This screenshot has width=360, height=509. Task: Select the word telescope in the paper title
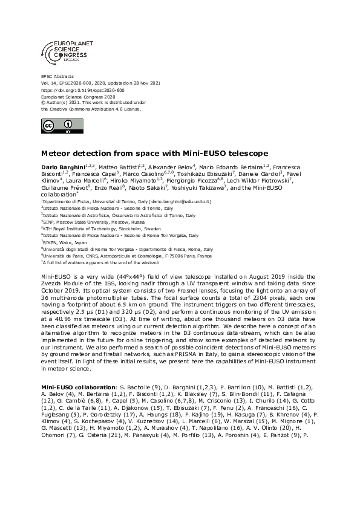pyautogui.click(x=223, y=154)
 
